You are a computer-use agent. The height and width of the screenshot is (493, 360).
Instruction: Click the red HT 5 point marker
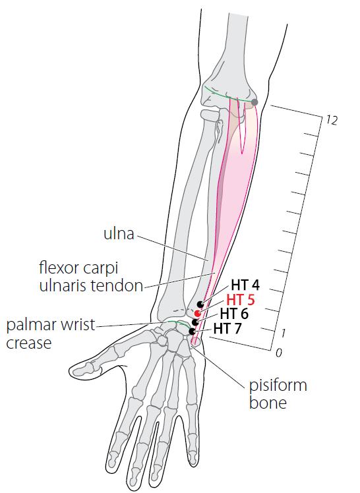(x=197, y=313)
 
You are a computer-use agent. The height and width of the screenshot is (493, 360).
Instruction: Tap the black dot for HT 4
(x=200, y=304)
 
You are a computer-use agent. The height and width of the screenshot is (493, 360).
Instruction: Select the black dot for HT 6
(x=195, y=322)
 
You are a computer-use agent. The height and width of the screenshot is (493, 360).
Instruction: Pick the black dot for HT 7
(x=192, y=332)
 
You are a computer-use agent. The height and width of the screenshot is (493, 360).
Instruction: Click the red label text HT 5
(x=241, y=300)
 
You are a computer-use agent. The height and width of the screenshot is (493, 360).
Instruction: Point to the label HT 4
(x=245, y=285)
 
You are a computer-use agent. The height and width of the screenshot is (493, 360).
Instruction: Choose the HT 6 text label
(x=234, y=314)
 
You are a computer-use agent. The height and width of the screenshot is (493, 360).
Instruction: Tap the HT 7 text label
(x=227, y=329)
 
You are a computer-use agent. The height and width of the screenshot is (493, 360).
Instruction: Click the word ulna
(x=119, y=233)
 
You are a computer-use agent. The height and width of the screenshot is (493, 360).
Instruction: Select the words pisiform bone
(x=278, y=393)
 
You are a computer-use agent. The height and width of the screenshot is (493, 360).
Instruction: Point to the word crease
(x=28, y=343)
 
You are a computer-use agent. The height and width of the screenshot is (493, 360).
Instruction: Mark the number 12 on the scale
(x=332, y=120)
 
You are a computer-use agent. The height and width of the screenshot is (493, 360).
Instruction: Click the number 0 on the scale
(x=278, y=353)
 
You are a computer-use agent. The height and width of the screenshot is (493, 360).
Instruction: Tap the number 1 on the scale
(x=283, y=333)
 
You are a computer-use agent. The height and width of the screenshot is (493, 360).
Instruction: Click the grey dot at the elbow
(x=255, y=102)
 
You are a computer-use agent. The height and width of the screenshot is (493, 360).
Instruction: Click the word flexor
(x=59, y=268)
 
